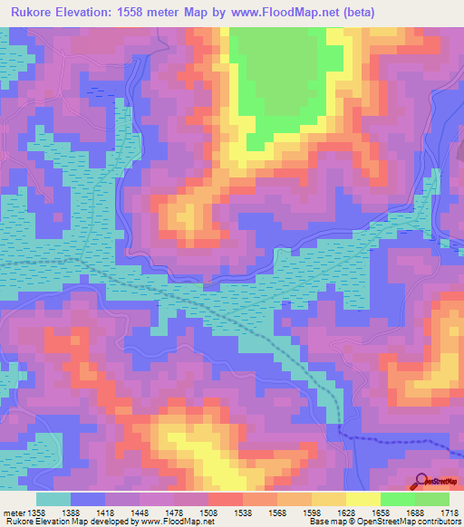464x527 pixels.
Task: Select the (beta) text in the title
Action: pos(353,13)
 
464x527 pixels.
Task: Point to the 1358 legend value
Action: pos(35,513)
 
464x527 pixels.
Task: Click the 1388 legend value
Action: pos(89,513)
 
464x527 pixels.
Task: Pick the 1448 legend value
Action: pos(143,513)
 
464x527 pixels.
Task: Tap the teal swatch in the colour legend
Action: pos(53,499)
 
